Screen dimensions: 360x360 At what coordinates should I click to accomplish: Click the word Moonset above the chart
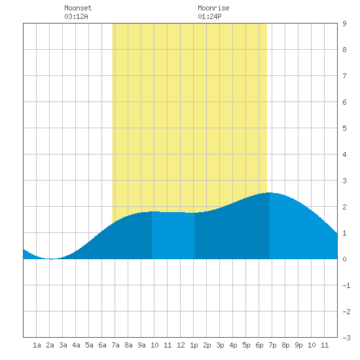tap(78, 8)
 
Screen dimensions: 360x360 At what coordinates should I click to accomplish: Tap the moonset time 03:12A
tap(76, 16)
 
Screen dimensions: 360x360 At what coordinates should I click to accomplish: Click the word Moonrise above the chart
tap(213, 8)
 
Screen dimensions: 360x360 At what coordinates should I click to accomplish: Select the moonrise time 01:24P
tap(209, 16)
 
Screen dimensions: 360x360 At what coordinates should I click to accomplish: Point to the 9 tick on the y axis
tap(344, 24)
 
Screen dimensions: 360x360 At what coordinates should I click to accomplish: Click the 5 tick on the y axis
tap(344, 128)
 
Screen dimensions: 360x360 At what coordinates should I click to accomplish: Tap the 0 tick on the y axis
tap(344, 259)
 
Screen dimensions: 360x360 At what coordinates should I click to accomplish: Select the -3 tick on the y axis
tap(346, 338)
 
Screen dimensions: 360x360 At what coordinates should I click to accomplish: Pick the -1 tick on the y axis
tap(346, 285)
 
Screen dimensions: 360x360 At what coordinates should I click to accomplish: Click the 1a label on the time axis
tap(37, 345)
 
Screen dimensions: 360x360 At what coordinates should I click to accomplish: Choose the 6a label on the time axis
tap(102, 345)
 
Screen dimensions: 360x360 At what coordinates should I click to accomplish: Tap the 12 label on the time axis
tap(181, 345)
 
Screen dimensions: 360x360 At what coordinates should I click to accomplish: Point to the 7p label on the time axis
tap(272, 345)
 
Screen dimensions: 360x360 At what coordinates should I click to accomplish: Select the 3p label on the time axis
tap(220, 345)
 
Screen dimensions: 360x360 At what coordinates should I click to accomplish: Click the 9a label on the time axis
tap(141, 345)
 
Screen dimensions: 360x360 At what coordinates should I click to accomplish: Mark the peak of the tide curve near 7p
tap(269, 192)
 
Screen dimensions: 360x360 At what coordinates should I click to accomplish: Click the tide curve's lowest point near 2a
tap(52, 259)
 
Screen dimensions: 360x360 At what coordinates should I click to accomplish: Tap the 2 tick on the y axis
tap(344, 207)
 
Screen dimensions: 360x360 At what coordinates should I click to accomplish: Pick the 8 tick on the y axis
tap(344, 50)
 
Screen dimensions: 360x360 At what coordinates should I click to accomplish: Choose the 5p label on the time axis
tap(246, 345)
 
